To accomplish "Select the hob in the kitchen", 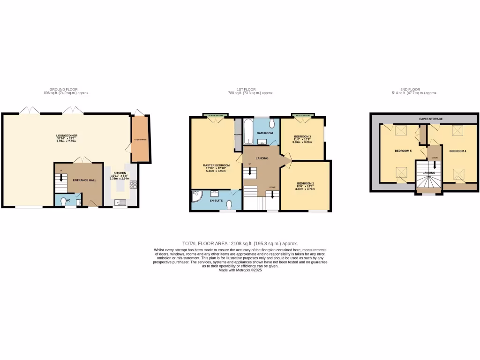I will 133,184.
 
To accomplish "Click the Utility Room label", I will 140,140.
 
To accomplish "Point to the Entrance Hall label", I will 87,180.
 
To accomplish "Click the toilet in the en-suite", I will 229,205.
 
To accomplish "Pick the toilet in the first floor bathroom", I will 272,124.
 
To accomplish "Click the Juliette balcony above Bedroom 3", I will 302,115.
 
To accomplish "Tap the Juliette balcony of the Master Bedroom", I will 216,115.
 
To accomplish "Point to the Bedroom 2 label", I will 305,183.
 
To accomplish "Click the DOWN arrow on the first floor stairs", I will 272,192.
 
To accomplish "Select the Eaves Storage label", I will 430,119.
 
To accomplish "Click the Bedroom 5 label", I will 403,151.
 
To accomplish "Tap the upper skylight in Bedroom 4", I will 457,131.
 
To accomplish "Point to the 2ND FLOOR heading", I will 411,90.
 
